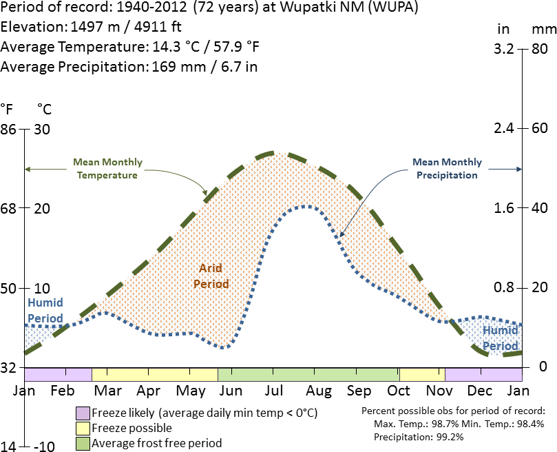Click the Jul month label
coord(274,391)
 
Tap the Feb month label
coord(63,391)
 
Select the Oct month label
coord(399,391)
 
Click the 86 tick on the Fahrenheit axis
coord(8,129)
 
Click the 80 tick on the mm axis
coord(539,49)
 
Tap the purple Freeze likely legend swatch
coord(83,413)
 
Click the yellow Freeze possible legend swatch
coord(83,429)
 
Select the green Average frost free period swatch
coord(83,443)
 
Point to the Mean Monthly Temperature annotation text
coord(107,169)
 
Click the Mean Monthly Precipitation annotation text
coord(447,169)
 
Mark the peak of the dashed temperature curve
coord(275,153)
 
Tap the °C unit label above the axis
coord(44,109)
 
